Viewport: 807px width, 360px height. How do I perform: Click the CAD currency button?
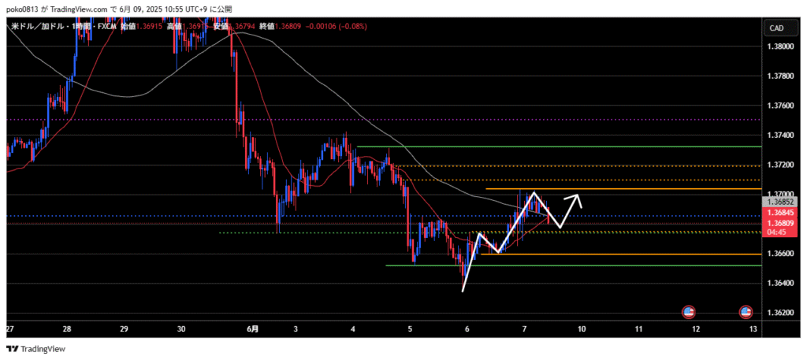pyautogui.click(x=775, y=28)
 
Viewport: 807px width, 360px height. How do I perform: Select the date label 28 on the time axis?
pyautogui.click(x=67, y=328)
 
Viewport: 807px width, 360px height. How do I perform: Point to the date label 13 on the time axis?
pyautogui.click(x=753, y=328)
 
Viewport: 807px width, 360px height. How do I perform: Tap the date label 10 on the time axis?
pyautogui.click(x=582, y=328)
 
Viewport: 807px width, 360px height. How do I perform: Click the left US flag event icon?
pyautogui.click(x=688, y=312)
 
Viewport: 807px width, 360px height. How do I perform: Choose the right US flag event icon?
pyautogui.click(x=746, y=312)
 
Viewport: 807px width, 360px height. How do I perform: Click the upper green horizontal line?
pyautogui.click(x=552, y=147)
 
